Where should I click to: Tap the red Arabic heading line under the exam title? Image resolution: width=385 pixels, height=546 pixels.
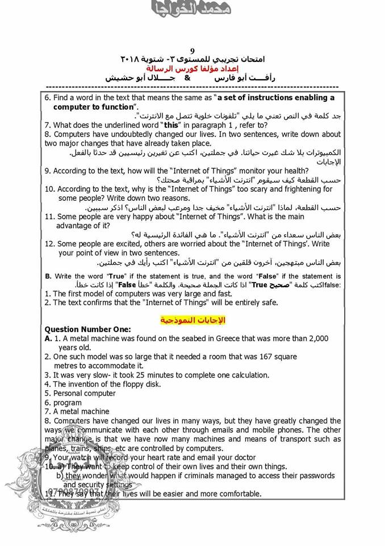[x=193, y=68]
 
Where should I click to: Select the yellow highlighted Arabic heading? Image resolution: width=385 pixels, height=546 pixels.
[x=193, y=320]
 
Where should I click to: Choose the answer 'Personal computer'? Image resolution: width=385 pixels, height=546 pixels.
[x=84, y=393]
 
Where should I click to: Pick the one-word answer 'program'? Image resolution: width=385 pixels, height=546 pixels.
[x=68, y=402]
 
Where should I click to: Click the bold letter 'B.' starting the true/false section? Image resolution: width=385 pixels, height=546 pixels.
[x=48, y=276]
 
